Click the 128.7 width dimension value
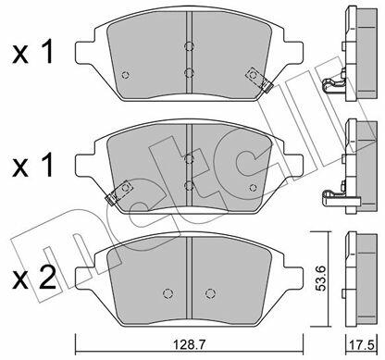(x=189, y=343)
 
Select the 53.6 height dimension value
(x=321, y=279)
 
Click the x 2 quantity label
(x=34, y=279)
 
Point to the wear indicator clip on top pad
(x=258, y=80)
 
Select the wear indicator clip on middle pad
(x=118, y=192)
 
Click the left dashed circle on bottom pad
(x=168, y=293)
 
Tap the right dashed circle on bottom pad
(x=210, y=293)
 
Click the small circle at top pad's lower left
(x=125, y=75)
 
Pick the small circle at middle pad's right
(x=253, y=187)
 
